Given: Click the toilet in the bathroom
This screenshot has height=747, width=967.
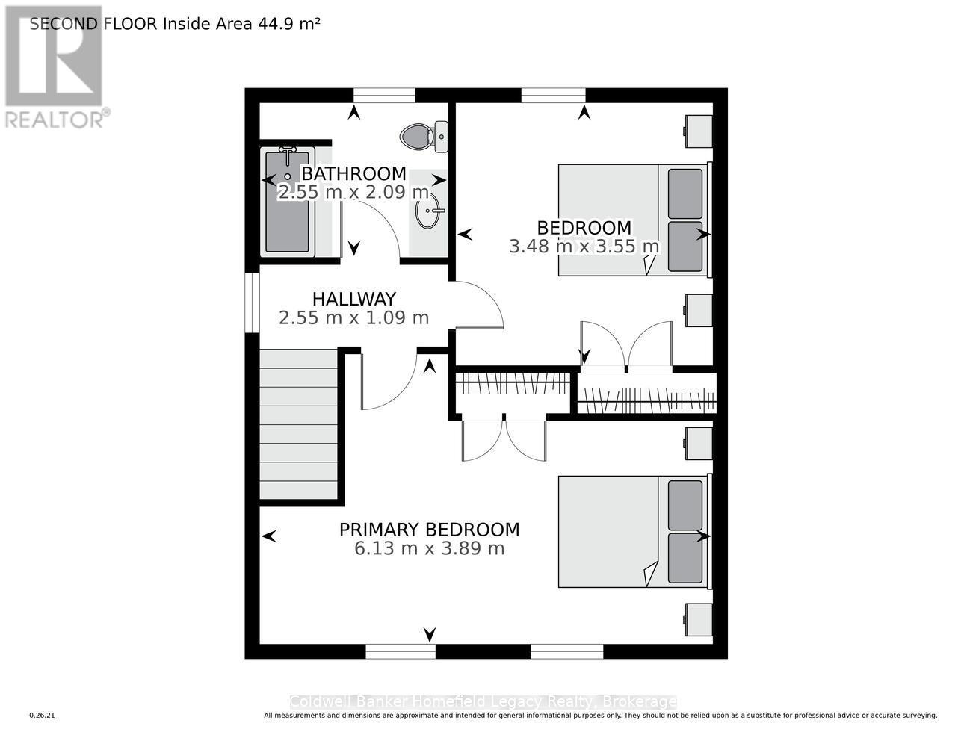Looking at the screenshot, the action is pyautogui.click(x=424, y=137).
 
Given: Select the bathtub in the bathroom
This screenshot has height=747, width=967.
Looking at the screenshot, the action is pyautogui.click(x=288, y=202).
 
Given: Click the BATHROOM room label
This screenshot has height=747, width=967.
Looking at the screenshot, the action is pyautogui.click(x=353, y=173).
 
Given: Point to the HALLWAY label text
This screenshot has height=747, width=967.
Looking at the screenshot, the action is pyautogui.click(x=354, y=299).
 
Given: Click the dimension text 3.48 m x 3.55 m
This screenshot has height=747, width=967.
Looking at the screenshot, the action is pyautogui.click(x=584, y=246).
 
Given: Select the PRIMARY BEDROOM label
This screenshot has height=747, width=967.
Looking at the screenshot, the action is pyautogui.click(x=430, y=530).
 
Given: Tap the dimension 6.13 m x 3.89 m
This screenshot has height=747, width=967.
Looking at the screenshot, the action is pyautogui.click(x=430, y=548).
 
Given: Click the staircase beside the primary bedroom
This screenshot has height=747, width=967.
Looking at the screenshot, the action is pyautogui.click(x=298, y=424).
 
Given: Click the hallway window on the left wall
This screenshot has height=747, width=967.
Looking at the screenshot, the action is pyautogui.click(x=253, y=303).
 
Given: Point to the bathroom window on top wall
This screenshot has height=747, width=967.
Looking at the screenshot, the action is pyautogui.click(x=384, y=95).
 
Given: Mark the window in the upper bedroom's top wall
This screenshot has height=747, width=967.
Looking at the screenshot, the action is pyautogui.click(x=553, y=95).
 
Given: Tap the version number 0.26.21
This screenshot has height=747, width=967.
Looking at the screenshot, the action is pyautogui.click(x=43, y=716).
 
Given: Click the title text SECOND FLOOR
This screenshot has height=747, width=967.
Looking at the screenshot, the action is pyautogui.click(x=93, y=24).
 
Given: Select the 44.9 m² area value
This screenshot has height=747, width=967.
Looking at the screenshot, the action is pyautogui.click(x=289, y=24).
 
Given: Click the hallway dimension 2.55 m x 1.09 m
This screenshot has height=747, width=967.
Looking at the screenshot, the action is pyautogui.click(x=354, y=318).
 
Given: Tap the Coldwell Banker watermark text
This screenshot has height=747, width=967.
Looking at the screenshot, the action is pyautogui.click(x=483, y=701).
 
